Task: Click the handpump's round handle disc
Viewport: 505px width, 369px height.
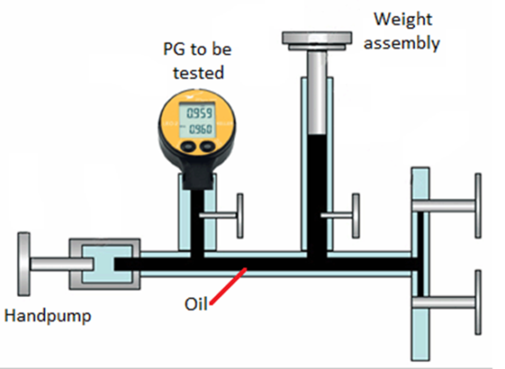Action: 23,263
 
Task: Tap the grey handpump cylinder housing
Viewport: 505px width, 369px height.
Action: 106,263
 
